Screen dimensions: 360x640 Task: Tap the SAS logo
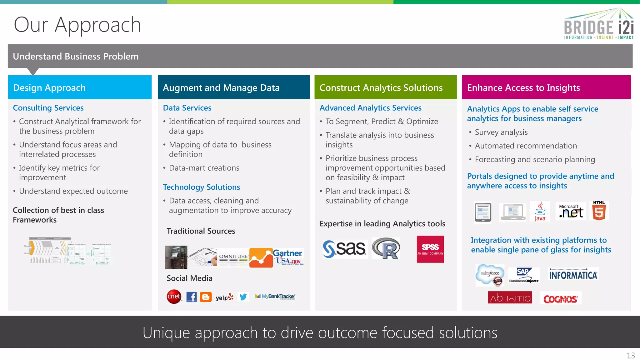344,249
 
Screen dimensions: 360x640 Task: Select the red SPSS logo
430,249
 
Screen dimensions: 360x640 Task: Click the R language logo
386,248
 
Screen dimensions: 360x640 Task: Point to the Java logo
540,212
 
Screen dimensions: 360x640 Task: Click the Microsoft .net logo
571,211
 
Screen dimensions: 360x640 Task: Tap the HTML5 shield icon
599,211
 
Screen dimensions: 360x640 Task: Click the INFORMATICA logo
573,275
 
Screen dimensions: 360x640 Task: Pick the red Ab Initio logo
510,297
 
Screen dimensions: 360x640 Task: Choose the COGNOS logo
560,299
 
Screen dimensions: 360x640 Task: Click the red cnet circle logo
174,296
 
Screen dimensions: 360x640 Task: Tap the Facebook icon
192,297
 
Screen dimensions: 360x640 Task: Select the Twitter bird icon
243,297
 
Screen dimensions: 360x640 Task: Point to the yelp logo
224,297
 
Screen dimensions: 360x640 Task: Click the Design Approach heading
49,88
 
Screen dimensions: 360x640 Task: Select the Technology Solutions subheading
201,187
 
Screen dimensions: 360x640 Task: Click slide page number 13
630,355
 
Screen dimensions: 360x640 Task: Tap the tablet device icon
483,212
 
